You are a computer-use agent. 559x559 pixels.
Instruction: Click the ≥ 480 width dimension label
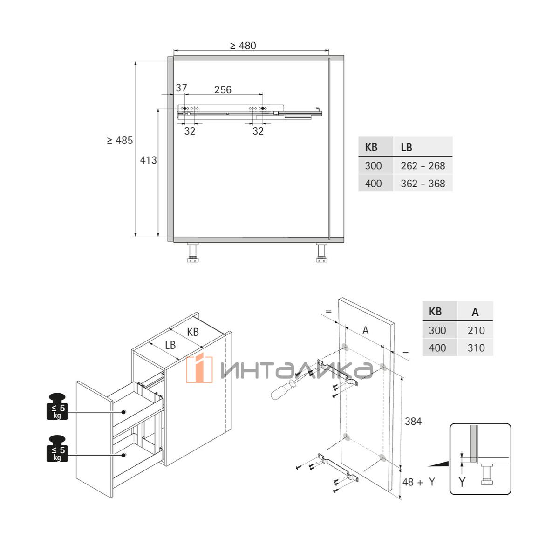coord(243,46)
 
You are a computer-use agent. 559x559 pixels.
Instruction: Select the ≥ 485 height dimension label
coord(120,140)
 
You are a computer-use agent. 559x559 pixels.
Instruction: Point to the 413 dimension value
coord(148,160)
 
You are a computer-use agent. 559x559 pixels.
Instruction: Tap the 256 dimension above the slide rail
coord(223,89)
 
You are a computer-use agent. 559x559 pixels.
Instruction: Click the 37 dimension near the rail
coord(181,88)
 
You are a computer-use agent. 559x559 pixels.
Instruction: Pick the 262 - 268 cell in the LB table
coord(423,166)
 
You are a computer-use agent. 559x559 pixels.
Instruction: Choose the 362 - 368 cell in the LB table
coord(423,184)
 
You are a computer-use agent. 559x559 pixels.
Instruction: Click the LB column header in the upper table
coord(406,148)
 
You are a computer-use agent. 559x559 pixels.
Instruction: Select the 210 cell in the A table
coord(476,330)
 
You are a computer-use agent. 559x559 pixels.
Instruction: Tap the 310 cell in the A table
coord(476,348)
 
